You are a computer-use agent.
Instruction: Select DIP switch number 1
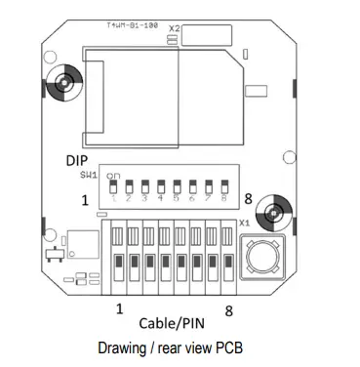pyautogui.click(x=114, y=186)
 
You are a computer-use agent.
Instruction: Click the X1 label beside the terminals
pyautogui.click(x=245, y=223)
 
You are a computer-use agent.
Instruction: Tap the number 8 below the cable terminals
pyautogui.click(x=227, y=309)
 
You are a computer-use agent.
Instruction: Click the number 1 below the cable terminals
pyautogui.click(x=119, y=308)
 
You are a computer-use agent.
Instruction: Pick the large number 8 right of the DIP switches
pyautogui.click(x=250, y=198)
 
